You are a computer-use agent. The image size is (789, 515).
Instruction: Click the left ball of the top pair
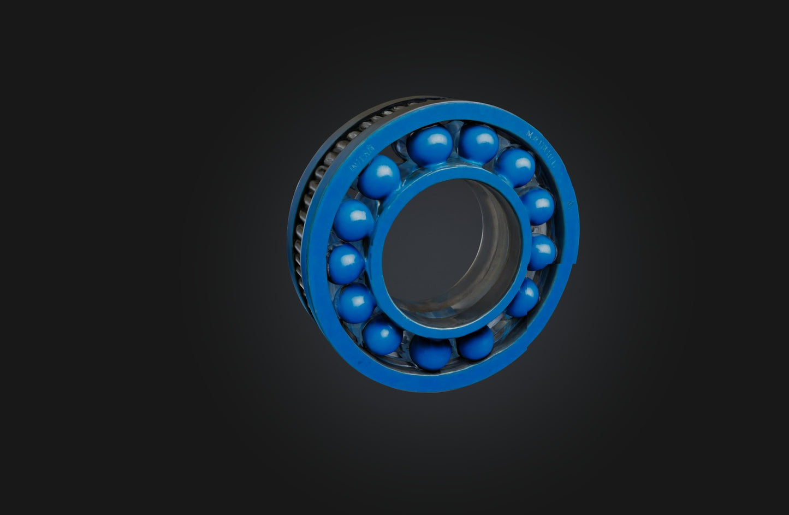tap(430, 145)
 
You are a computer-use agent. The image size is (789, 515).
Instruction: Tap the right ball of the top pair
tap(478, 144)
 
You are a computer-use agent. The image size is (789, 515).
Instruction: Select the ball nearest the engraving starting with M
tap(515, 167)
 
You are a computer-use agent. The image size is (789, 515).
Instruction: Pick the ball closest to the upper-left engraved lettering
tap(379, 177)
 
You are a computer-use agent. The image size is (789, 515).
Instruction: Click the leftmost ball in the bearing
tap(346, 263)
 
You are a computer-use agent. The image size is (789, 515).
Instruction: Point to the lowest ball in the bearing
tap(431, 352)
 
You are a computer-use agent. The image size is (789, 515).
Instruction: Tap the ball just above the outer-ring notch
tap(542, 252)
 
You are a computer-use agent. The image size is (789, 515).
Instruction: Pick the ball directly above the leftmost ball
tap(353, 220)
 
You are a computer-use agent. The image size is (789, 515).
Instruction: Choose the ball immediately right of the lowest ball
tap(476, 344)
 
